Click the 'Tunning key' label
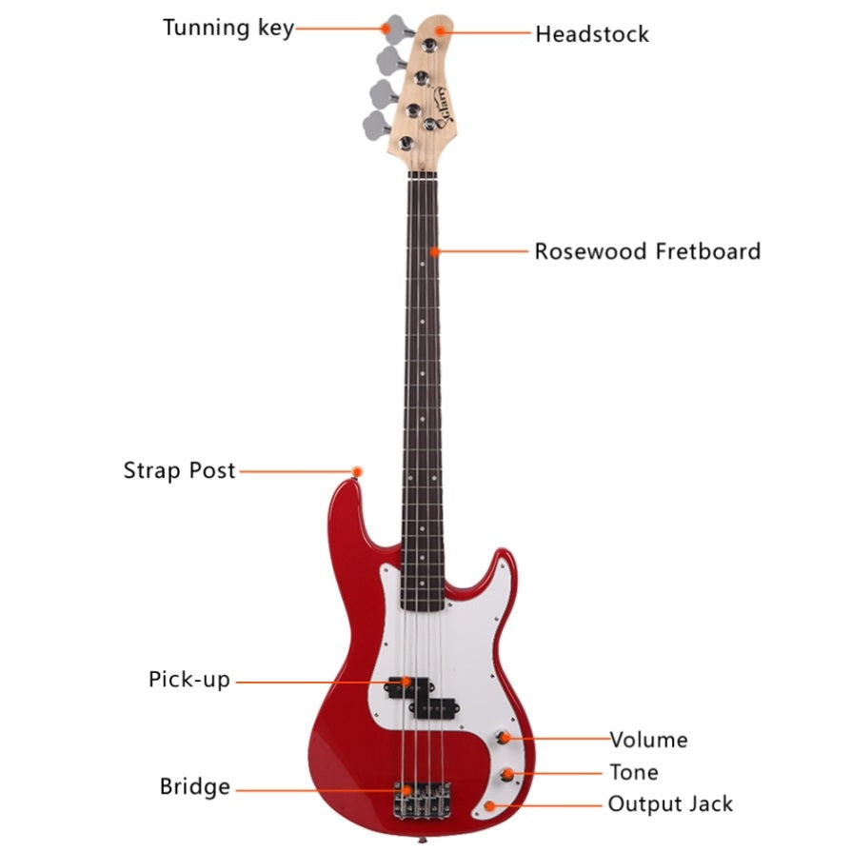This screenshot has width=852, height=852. pyautogui.click(x=228, y=29)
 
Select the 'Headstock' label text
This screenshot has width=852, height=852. pyautogui.click(x=592, y=34)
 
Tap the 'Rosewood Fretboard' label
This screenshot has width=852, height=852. pyautogui.click(x=647, y=251)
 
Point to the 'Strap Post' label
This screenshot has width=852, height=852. pyautogui.click(x=179, y=470)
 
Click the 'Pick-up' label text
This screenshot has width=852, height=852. pyautogui.click(x=189, y=680)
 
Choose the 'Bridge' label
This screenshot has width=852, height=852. pyautogui.click(x=194, y=787)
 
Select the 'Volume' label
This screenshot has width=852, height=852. pyautogui.click(x=649, y=740)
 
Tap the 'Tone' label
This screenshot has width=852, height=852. pyautogui.click(x=634, y=772)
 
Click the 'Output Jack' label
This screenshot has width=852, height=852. pyautogui.click(x=670, y=804)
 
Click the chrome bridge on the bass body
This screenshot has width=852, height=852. pyautogui.click(x=423, y=800)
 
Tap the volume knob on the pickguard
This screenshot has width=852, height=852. pyautogui.click(x=504, y=738)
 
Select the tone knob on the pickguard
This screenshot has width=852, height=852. pyautogui.click(x=507, y=775)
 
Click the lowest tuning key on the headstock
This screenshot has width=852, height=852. pyautogui.click(x=377, y=125)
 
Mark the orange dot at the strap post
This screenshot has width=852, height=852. pyautogui.click(x=357, y=471)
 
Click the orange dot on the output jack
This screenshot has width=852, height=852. pyautogui.click(x=489, y=805)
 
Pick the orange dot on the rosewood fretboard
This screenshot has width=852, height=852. pyautogui.click(x=434, y=251)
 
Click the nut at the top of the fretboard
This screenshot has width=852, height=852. pyautogui.click(x=423, y=175)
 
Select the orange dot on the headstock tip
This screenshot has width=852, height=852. pyautogui.click(x=440, y=30)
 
